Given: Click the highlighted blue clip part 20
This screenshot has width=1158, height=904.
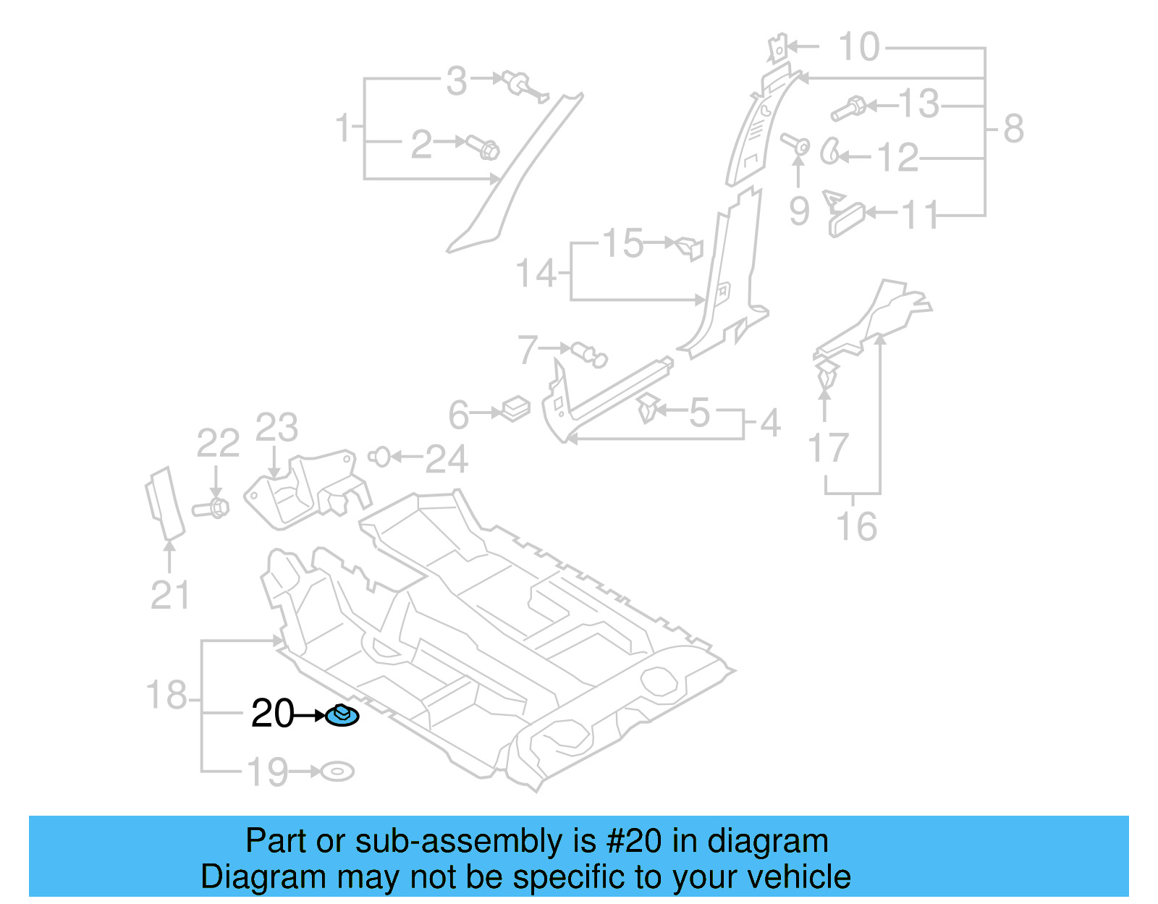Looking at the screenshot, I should [342, 716].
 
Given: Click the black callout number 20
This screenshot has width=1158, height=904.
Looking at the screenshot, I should [272, 714].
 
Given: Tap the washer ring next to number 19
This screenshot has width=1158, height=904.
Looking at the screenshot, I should [337, 772].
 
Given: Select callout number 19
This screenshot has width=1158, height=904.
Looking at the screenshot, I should [268, 772].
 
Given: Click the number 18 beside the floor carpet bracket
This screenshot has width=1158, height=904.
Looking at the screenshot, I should [166, 696].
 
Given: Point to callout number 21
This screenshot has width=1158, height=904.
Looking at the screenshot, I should [170, 596].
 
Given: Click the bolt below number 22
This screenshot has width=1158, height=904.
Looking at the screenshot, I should [211, 507].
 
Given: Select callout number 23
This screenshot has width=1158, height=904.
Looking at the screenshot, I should [276, 428].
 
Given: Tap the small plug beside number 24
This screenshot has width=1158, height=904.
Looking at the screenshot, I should [380, 457].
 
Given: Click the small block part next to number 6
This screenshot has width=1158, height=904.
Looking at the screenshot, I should [515, 408].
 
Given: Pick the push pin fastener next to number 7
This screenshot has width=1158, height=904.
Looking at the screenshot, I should [589, 354].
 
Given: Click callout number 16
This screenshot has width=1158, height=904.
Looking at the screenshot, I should [856, 526].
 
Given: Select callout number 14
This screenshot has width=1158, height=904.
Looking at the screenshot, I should [536, 274].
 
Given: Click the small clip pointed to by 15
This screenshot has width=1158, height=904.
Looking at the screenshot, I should [689, 247].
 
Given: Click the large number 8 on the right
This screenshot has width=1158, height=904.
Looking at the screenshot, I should [1013, 129].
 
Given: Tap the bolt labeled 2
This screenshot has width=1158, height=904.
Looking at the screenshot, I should [483, 148].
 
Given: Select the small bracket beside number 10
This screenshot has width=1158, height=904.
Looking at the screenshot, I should [777, 48].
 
